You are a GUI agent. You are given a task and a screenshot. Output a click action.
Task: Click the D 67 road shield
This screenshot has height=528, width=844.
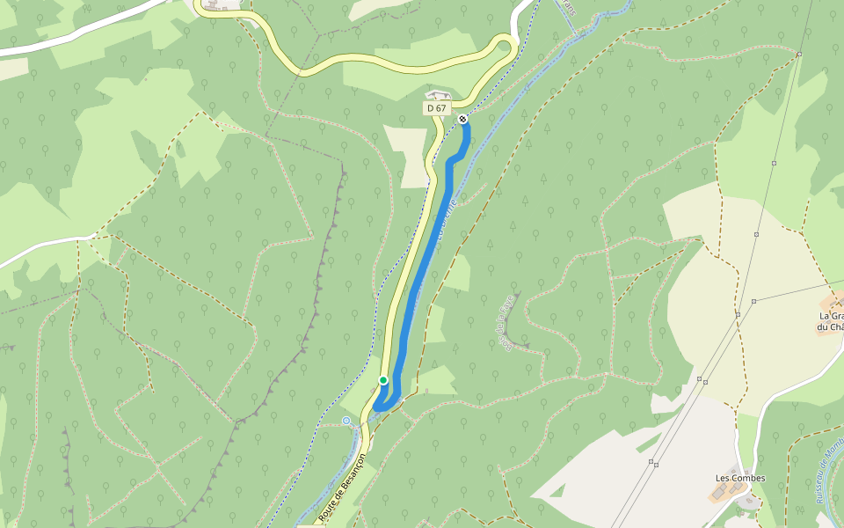pos(436,108)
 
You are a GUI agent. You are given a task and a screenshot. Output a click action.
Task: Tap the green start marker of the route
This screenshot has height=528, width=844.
pos(383,380)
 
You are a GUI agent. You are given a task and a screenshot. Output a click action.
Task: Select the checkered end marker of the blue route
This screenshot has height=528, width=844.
pos(462,118)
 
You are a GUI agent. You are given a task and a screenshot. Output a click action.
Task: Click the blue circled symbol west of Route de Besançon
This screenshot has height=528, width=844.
pos(346,421)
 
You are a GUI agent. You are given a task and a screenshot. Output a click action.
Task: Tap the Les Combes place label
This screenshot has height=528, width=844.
pos(740,479)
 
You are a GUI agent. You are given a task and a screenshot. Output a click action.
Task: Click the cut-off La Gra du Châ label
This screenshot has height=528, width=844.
pos(831,321)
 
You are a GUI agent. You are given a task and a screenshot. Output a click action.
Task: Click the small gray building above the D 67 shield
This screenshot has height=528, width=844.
pos(438,94)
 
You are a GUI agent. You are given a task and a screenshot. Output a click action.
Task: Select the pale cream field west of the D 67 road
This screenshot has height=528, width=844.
pos(406,155)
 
